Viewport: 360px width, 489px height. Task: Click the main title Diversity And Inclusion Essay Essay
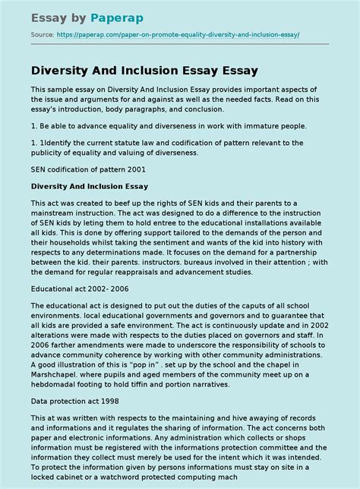144,70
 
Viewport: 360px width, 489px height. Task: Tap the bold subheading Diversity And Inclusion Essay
90,186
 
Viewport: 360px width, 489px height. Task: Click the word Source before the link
40,34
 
